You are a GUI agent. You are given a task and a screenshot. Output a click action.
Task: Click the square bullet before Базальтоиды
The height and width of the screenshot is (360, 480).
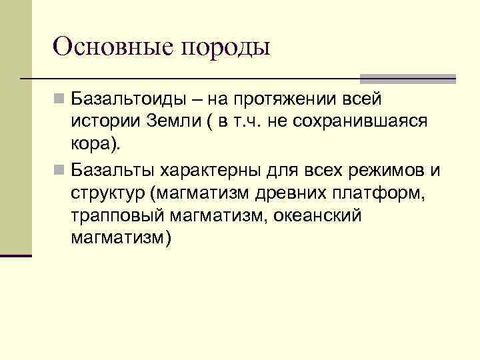click(x=60, y=101)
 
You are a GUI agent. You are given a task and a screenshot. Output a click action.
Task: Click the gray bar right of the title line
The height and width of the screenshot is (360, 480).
click(x=407, y=79)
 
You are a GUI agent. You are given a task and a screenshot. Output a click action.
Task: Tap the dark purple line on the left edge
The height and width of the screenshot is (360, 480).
click(x=16, y=255)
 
